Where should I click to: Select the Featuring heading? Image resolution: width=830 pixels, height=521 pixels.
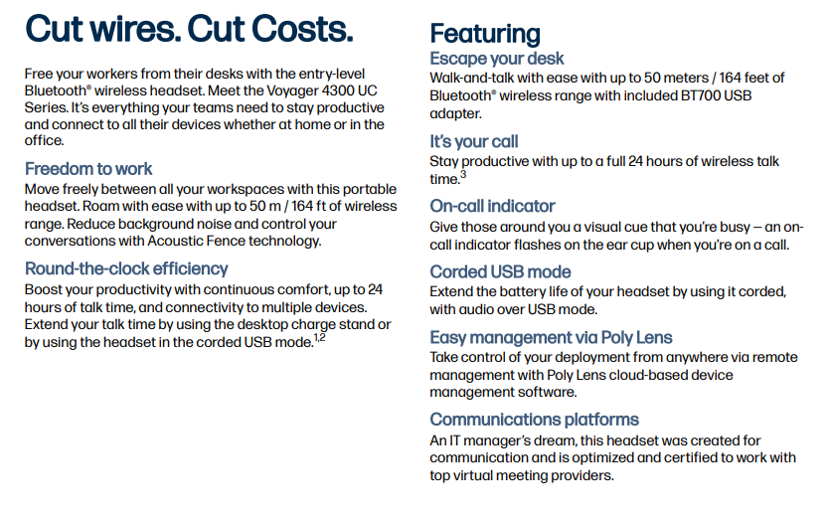(485, 35)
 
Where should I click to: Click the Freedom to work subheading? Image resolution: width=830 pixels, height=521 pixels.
(88, 169)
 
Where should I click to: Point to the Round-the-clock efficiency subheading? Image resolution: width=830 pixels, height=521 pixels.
(126, 269)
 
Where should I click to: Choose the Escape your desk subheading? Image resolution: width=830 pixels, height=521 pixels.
(497, 59)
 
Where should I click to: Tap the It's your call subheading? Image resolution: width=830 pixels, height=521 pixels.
(474, 142)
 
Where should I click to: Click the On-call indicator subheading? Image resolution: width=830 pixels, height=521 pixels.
(492, 206)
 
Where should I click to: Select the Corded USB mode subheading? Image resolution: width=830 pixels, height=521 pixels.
(500, 272)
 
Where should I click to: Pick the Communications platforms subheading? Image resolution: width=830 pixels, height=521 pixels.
(534, 420)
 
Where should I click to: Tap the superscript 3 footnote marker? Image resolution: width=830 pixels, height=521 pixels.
(463, 174)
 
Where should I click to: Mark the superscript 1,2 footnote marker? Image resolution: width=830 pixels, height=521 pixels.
(320, 337)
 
